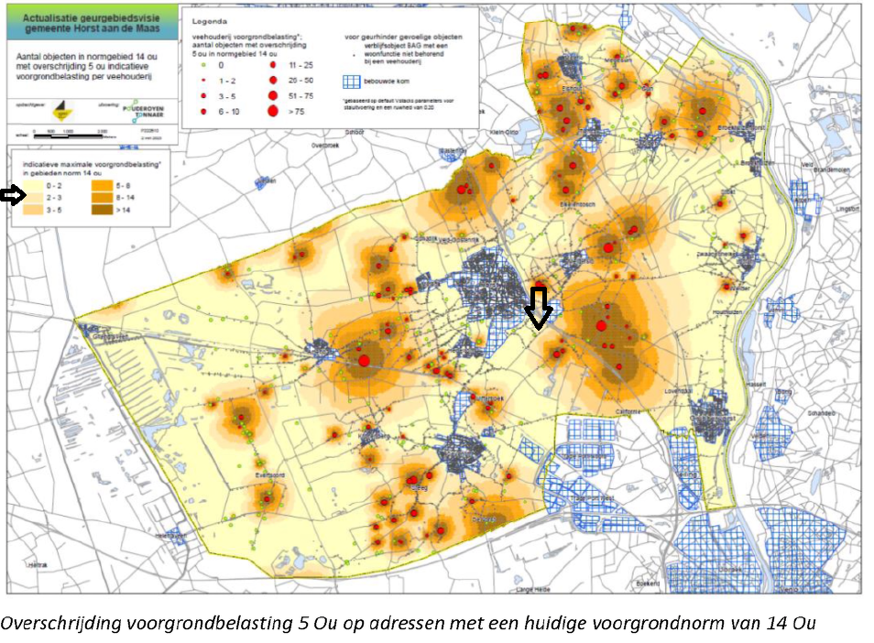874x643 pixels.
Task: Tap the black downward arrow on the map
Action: tap(539, 308)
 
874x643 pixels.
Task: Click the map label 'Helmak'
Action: tap(38, 564)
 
